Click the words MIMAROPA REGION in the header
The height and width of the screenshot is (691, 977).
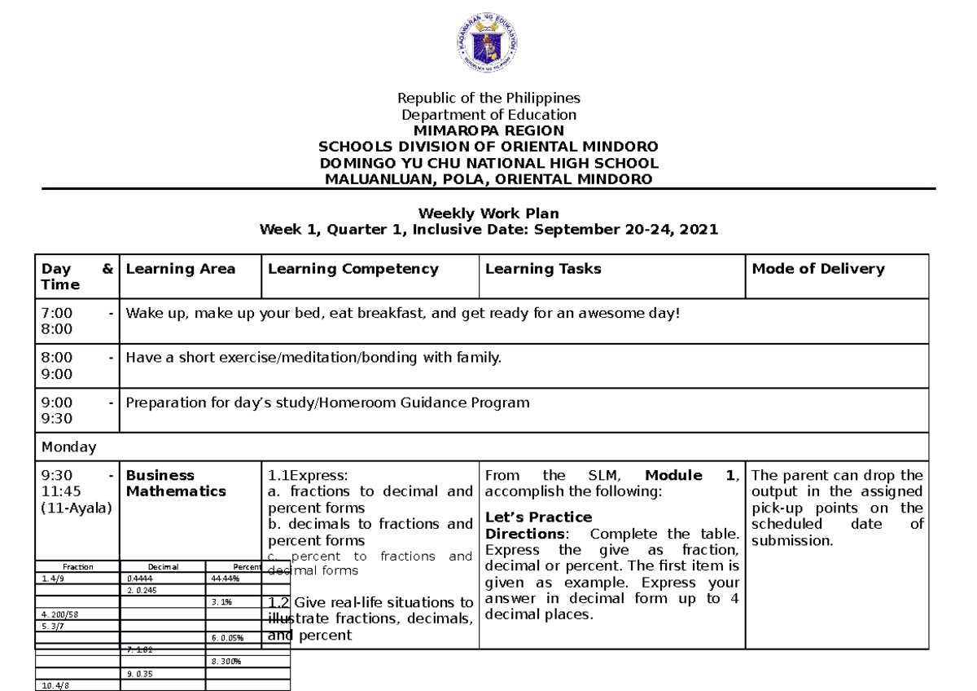[488, 130]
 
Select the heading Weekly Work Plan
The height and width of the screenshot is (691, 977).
[488, 213]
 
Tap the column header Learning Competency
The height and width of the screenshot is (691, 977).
[353, 269]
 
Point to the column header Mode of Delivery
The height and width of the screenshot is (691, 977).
[818, 269]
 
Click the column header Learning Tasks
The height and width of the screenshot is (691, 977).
[543, 269]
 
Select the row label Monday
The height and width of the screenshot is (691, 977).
[68, 447]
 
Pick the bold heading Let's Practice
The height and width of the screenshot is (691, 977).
[538, 517]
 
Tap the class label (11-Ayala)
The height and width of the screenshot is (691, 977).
[76, 508]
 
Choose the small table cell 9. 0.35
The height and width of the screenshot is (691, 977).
[140, 674]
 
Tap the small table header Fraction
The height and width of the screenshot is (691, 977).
[78, 566]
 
